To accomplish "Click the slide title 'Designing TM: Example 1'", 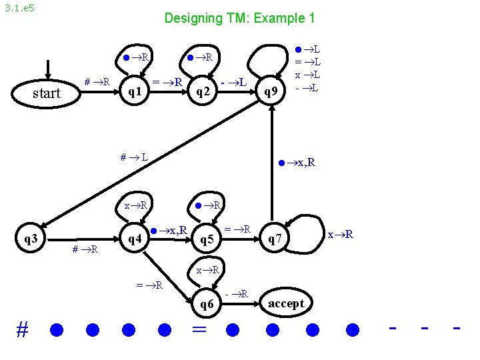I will pyautogui.click(x=239, y=19).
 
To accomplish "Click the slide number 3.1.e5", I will pyautogui.click(x=20, y=9).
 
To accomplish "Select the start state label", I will pyautogui.click(x=47, y=93).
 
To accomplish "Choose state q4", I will pyautogui.click(x=135, y=239).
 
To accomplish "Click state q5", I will pyautogui.click(x=207, y=239).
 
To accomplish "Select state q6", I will pyautogui.click(x=207, y=304).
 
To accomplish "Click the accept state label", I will pyautogui.click(x=286, y=304).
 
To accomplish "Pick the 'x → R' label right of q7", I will pyautogui.click(x=340, y=234).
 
